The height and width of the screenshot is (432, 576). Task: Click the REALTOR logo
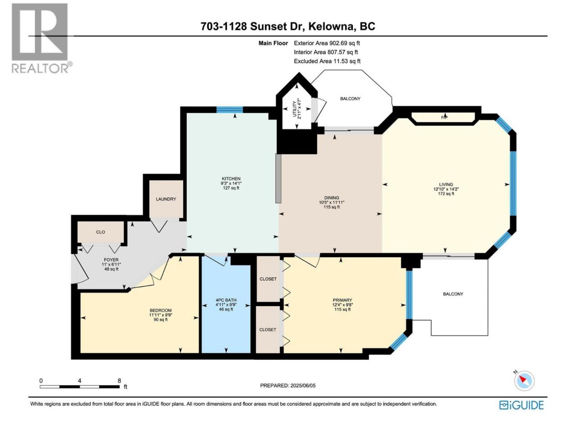42,38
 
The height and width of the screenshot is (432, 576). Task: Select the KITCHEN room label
231,179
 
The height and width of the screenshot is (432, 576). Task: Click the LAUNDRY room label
166,199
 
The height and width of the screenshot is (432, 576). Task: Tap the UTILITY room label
294,109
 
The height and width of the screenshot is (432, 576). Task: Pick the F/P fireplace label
444,117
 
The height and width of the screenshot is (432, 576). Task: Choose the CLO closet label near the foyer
100,232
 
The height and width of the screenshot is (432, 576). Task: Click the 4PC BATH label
226,300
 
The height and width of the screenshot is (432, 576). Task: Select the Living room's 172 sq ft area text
446,194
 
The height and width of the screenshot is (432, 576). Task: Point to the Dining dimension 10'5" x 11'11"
332,202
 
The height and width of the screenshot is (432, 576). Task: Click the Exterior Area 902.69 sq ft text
327,43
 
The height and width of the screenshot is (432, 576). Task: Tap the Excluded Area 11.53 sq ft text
327,61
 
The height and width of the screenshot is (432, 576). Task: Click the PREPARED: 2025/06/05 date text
288,386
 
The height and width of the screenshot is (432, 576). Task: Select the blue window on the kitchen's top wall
229,110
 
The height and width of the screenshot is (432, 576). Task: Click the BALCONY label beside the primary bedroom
453,294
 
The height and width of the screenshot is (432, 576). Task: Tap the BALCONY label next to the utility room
350,99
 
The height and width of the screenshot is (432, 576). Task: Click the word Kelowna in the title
331,26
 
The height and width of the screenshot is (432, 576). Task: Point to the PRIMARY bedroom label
342,300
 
